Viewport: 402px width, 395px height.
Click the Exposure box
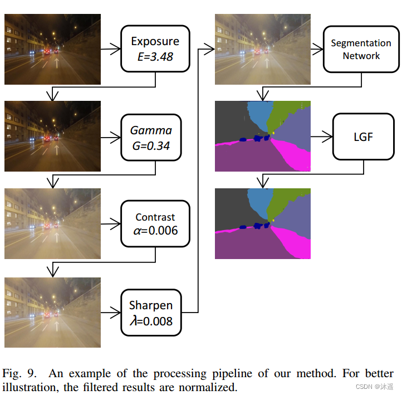point(155,49)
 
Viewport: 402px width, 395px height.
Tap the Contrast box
point(155,223)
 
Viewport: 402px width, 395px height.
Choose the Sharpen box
point(151,313)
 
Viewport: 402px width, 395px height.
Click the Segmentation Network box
point(361,49)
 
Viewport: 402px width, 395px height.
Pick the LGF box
point(363,136)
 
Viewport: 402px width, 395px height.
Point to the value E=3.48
point(155,57)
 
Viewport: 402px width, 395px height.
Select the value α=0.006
point(155,231)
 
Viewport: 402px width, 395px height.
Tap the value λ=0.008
point(150,321)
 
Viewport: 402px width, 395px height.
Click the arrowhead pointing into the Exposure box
point(116,49)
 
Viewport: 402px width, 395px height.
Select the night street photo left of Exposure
point(52,49)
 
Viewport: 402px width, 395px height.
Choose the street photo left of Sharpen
point(52,312)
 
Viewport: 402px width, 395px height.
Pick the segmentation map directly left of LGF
point(263,136)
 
